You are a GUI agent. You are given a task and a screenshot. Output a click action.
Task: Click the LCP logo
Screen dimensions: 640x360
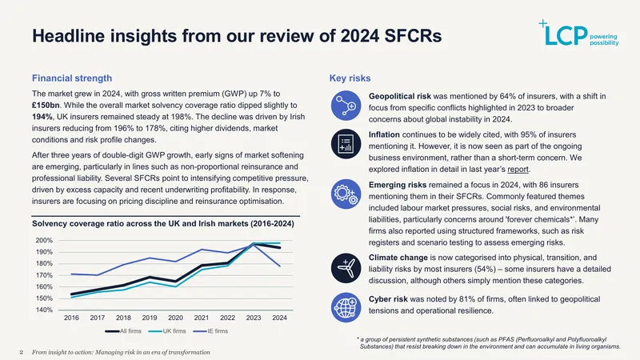click(578, 33)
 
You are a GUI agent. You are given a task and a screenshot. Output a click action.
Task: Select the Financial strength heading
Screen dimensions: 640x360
click(72, 78)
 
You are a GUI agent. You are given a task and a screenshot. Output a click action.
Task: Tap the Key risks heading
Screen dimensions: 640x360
click(350, 78)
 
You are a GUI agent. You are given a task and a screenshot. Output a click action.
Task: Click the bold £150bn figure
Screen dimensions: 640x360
click(46, 106)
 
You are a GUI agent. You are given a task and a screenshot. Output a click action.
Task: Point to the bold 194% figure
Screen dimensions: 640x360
click(42, 117)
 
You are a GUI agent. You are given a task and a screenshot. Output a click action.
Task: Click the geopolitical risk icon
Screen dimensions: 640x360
click(346, 106)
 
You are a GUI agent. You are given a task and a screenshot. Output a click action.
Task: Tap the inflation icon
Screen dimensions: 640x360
click(346, 144)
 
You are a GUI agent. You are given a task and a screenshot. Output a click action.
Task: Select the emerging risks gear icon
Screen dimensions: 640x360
click(346, 194)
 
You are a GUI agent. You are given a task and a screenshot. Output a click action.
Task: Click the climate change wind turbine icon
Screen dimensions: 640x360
click(346, 268)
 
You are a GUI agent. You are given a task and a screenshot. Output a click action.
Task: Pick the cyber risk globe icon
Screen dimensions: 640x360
click(346, 307)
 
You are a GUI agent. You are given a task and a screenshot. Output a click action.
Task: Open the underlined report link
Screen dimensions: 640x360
click(518, 169)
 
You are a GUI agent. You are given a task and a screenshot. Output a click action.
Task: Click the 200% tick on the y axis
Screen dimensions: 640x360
click(44, 241)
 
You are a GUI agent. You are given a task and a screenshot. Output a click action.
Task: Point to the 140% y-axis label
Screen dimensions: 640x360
click(44, 310)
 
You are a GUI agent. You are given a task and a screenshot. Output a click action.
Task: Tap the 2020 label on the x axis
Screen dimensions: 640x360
click(175, 318)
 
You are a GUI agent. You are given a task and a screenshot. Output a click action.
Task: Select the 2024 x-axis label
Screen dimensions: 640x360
click(279, 318)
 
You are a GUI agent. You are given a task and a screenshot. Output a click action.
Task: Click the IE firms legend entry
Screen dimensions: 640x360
click(210, 331)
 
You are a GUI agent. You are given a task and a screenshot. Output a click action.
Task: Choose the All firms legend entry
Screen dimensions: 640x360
click(123, 331)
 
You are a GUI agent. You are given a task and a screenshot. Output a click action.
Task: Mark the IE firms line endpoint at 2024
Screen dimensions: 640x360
click(279, 266)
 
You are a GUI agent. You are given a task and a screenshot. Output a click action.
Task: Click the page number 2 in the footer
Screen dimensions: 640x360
click(22, 352)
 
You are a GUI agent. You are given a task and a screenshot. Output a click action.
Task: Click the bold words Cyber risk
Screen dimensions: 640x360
click(388, 299)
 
